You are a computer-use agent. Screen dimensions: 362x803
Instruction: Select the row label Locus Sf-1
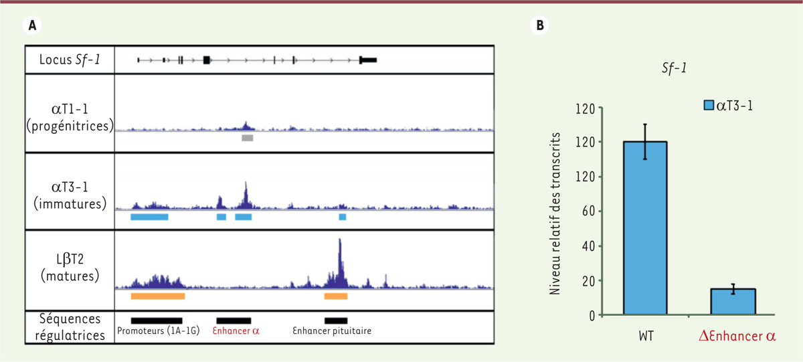tap(70, 60)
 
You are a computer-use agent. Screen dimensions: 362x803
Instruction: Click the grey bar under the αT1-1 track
tap(248, 138)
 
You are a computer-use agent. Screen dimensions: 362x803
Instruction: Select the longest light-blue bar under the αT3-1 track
tap(149, 217)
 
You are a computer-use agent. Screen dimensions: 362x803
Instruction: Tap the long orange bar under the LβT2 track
tap(158, 295)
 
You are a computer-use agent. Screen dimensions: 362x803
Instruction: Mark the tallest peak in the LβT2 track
tap(340, 244)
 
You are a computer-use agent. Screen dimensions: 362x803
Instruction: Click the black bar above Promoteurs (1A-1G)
tap(157, 321)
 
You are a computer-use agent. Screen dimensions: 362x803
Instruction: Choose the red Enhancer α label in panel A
tap(235, 331)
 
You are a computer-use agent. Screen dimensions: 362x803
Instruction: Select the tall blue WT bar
tap(645, 228)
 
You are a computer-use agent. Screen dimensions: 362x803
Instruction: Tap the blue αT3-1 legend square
tap(710, 104)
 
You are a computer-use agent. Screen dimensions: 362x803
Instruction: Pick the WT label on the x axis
tap(644, 335)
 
